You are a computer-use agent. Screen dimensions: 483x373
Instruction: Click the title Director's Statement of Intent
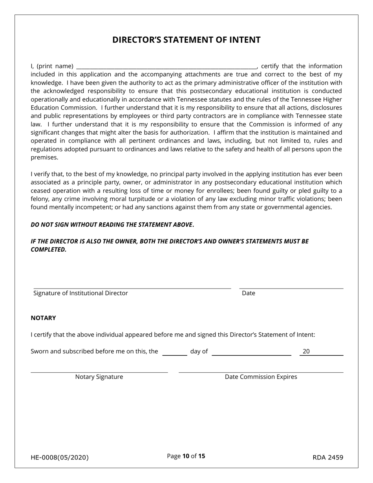186,40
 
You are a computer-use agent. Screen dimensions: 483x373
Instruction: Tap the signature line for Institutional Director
132,288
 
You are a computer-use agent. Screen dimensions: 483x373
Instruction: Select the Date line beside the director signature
291,288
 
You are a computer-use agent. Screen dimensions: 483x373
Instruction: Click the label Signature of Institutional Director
80,293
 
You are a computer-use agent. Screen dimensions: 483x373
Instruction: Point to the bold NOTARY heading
43,318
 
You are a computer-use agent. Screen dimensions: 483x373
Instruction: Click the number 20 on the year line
306,351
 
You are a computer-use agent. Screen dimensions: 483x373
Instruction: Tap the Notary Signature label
99,377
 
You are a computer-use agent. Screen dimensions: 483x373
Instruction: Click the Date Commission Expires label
261,377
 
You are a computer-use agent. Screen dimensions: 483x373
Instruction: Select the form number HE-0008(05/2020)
60,457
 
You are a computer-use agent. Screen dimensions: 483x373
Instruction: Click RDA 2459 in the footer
328,457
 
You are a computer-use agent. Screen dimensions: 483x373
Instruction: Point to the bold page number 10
186,456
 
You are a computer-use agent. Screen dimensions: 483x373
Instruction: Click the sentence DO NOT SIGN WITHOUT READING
112,225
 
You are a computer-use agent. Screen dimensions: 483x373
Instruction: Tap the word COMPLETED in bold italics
48,250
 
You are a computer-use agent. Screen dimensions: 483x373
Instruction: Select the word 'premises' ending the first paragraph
44,157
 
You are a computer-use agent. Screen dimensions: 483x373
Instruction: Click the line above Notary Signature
99,372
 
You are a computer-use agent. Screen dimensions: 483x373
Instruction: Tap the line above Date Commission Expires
261,372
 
